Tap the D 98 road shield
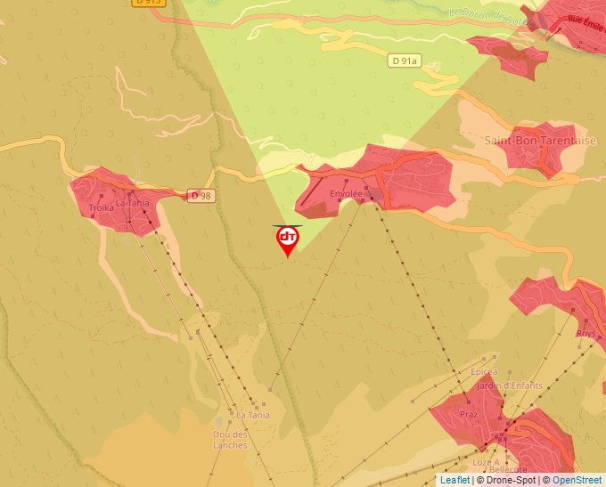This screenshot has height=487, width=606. (x=200, y=195)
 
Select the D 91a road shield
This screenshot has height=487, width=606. (x=405, y=61)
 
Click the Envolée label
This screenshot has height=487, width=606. (x=346, y=192)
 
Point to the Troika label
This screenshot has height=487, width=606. (x=102, y=207)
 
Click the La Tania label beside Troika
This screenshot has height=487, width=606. (x=133, y=202)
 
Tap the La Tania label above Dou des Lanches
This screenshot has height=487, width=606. (x=252, y=415)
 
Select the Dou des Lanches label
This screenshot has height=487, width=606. (x=230, y=440)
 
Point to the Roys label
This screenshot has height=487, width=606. (x=586, y=334)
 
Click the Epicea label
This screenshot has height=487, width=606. (x=485, y=372)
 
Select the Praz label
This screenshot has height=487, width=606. (x=469, y=415)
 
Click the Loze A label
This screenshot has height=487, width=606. (x=485, y=462)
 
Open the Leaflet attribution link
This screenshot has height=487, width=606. (x=454, y=480)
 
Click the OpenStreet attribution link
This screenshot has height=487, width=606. (x=578, y=480)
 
